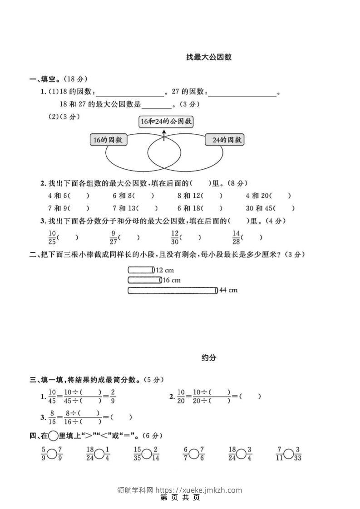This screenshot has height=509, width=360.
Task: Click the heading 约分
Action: coord(209,358)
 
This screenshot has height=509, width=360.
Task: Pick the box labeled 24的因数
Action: coord(224,140)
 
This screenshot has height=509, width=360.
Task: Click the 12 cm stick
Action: coord(141,270)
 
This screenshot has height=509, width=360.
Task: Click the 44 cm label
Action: coord(228,290)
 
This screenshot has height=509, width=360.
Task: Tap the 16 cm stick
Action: coord(145,280)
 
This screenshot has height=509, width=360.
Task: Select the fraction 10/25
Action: coord(52,237)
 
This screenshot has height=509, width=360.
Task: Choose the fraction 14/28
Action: coord(236,237)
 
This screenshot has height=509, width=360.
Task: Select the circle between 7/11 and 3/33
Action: coord(289,453)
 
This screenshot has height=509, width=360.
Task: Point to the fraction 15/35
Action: coord(138,453)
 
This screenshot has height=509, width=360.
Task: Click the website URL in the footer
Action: coord(199,490)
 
